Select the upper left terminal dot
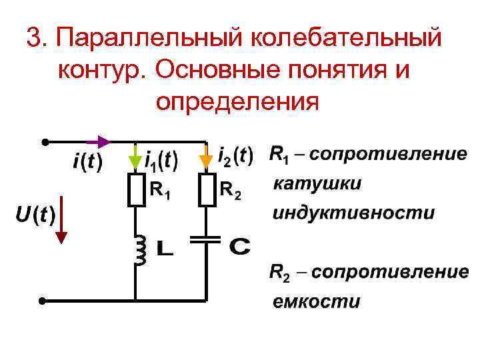point(44,142)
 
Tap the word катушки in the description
point(317,184)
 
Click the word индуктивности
point(353,213)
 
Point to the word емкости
point(317,301)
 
